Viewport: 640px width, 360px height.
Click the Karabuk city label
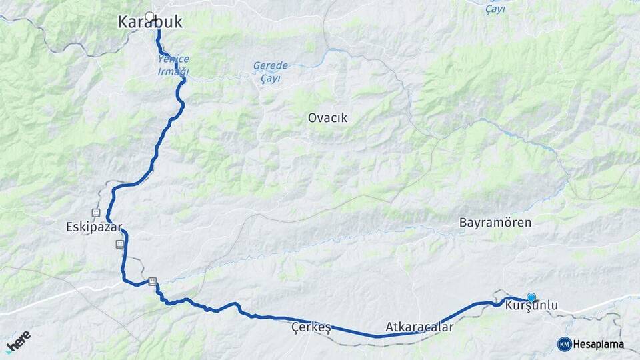click(x=150, y=23)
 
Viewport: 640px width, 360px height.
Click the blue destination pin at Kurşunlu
click(x=531, y=297)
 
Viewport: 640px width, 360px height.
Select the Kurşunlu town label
click(x=531, y=306)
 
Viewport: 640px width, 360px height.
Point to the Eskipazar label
click(x=95, y=226)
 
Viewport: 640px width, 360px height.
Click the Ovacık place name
click(x=327, y=117)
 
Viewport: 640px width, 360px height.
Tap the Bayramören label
click(x=495, y=223)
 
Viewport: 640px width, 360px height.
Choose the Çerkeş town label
click(x=311, y=327)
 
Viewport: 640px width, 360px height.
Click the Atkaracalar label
click(x=419, y=327)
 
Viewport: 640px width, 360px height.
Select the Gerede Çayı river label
click(x=270, y=71)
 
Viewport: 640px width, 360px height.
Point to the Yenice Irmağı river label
click(x=173, y=65)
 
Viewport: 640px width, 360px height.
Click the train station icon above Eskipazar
click(x=97, y=213)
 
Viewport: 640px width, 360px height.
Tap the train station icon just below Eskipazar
click(x=120, y=244)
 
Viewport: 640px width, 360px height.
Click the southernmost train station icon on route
click(x=153, y=282)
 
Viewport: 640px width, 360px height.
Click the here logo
click(x=19, y=341)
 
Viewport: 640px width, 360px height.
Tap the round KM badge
click(x=564, y=344)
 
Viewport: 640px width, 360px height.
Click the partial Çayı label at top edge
click(x=495, y=9)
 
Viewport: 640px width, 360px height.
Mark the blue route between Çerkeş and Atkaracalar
click(x=360, y=333)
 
